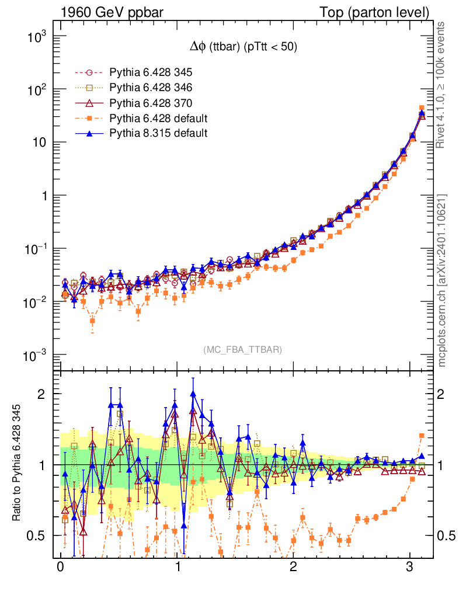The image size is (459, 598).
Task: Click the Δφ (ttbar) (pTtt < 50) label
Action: tap(240, 48)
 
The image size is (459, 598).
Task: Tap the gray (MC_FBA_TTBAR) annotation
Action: tap(243, 350)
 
